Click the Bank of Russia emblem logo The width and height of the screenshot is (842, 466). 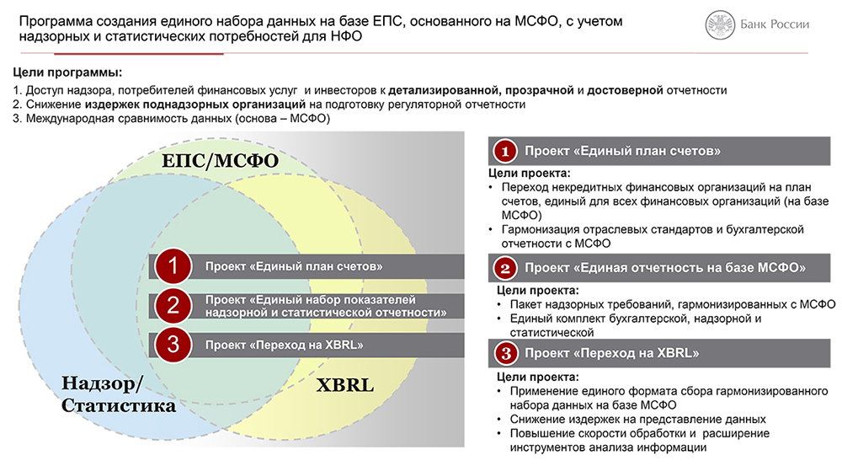tap(720, 24)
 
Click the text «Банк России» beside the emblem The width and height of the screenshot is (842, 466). tap(775, 24)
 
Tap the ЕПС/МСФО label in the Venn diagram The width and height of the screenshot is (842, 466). tap(220, 160)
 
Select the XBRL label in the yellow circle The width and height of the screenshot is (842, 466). tap(344, 385)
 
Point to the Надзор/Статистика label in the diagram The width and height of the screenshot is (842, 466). tap(118, 394)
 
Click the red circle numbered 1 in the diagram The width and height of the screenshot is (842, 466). tap(173, 266)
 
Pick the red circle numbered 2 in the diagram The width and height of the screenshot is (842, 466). tap(173, 306)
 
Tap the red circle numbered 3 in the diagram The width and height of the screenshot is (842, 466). tap(173, 345)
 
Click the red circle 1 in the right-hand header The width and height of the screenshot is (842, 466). tap(504, 151)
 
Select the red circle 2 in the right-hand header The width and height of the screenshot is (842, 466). tap(504, 268)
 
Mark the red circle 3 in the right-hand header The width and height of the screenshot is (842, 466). tap(505, 353)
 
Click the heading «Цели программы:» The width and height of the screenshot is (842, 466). tap(67, 72)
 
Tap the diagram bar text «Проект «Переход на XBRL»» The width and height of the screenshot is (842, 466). tap(284, 345)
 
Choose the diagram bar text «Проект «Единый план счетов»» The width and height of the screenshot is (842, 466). tap(294, 266)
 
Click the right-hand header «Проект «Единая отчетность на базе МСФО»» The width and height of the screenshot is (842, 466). tap(665, 268)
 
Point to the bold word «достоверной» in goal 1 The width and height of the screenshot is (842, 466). tap(625, 90)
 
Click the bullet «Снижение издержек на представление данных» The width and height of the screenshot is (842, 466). tap(638, 420)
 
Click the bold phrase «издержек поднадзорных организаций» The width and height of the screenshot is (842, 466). tap(195, 104)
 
